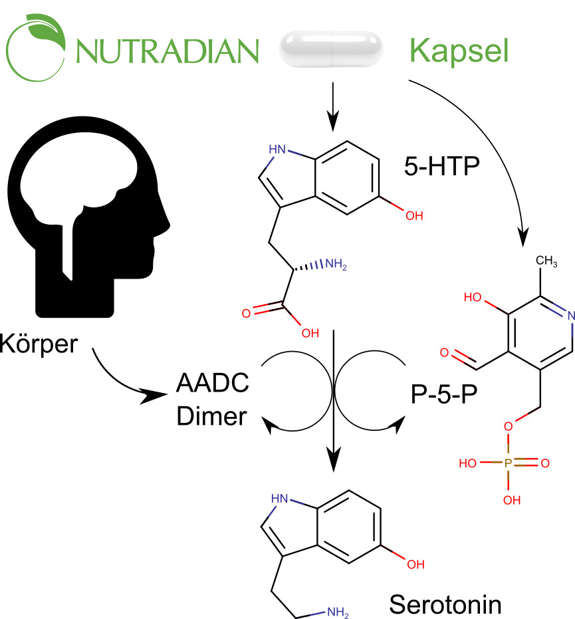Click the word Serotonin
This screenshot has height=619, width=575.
coord(445,604)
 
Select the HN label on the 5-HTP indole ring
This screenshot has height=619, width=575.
coord(277,148)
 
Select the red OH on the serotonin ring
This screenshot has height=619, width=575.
coord(415,565)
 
